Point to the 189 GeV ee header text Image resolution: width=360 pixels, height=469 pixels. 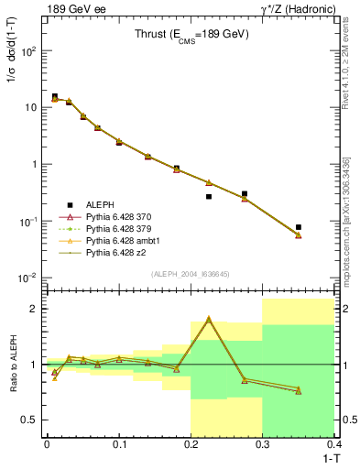[74, 8]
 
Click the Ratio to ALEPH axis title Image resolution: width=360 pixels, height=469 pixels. [14, 364]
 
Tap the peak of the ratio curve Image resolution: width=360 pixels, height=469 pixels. [209, 319]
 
